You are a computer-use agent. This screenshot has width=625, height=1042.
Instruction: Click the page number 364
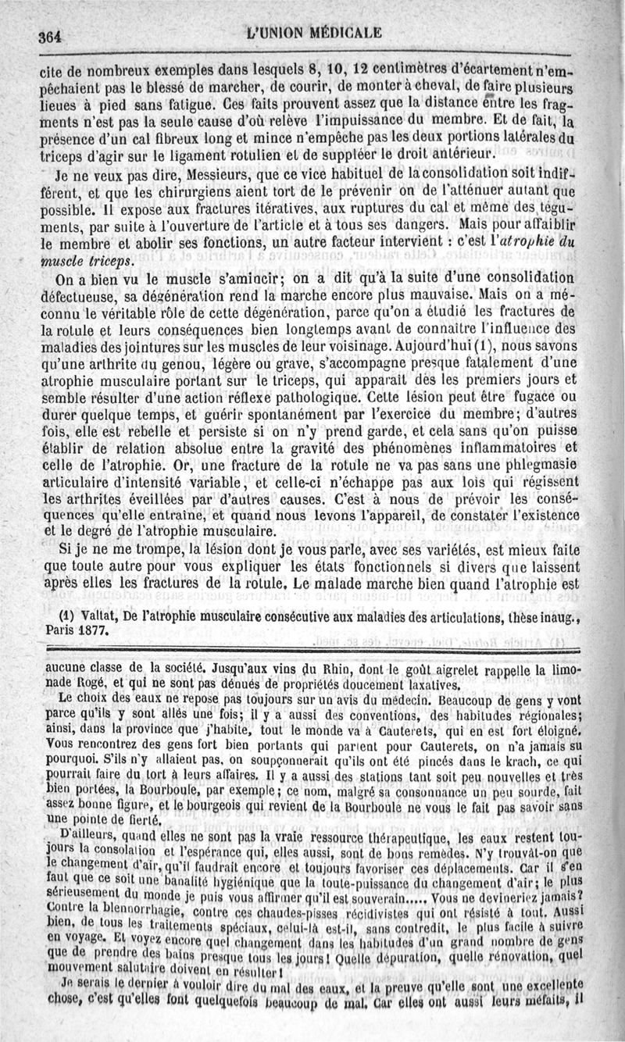point(48,34)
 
